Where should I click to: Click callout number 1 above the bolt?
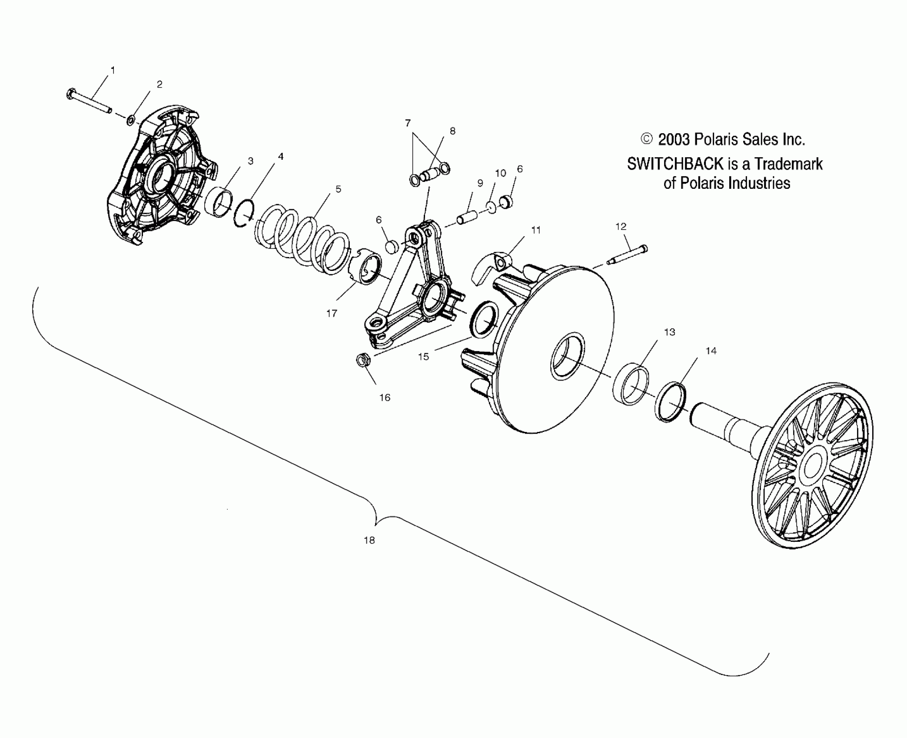tap(113, 70)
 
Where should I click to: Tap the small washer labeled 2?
tap(130, 119)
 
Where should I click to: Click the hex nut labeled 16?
tap(362, 360)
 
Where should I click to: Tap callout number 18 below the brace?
tap(369, 540)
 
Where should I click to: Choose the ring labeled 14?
tap(671, 402)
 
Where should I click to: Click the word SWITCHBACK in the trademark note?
tap(674, 164)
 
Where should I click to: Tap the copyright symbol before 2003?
tap(647, 139)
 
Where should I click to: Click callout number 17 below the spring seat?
tap(332, 313)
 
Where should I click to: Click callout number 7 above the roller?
tap(408, 123)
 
